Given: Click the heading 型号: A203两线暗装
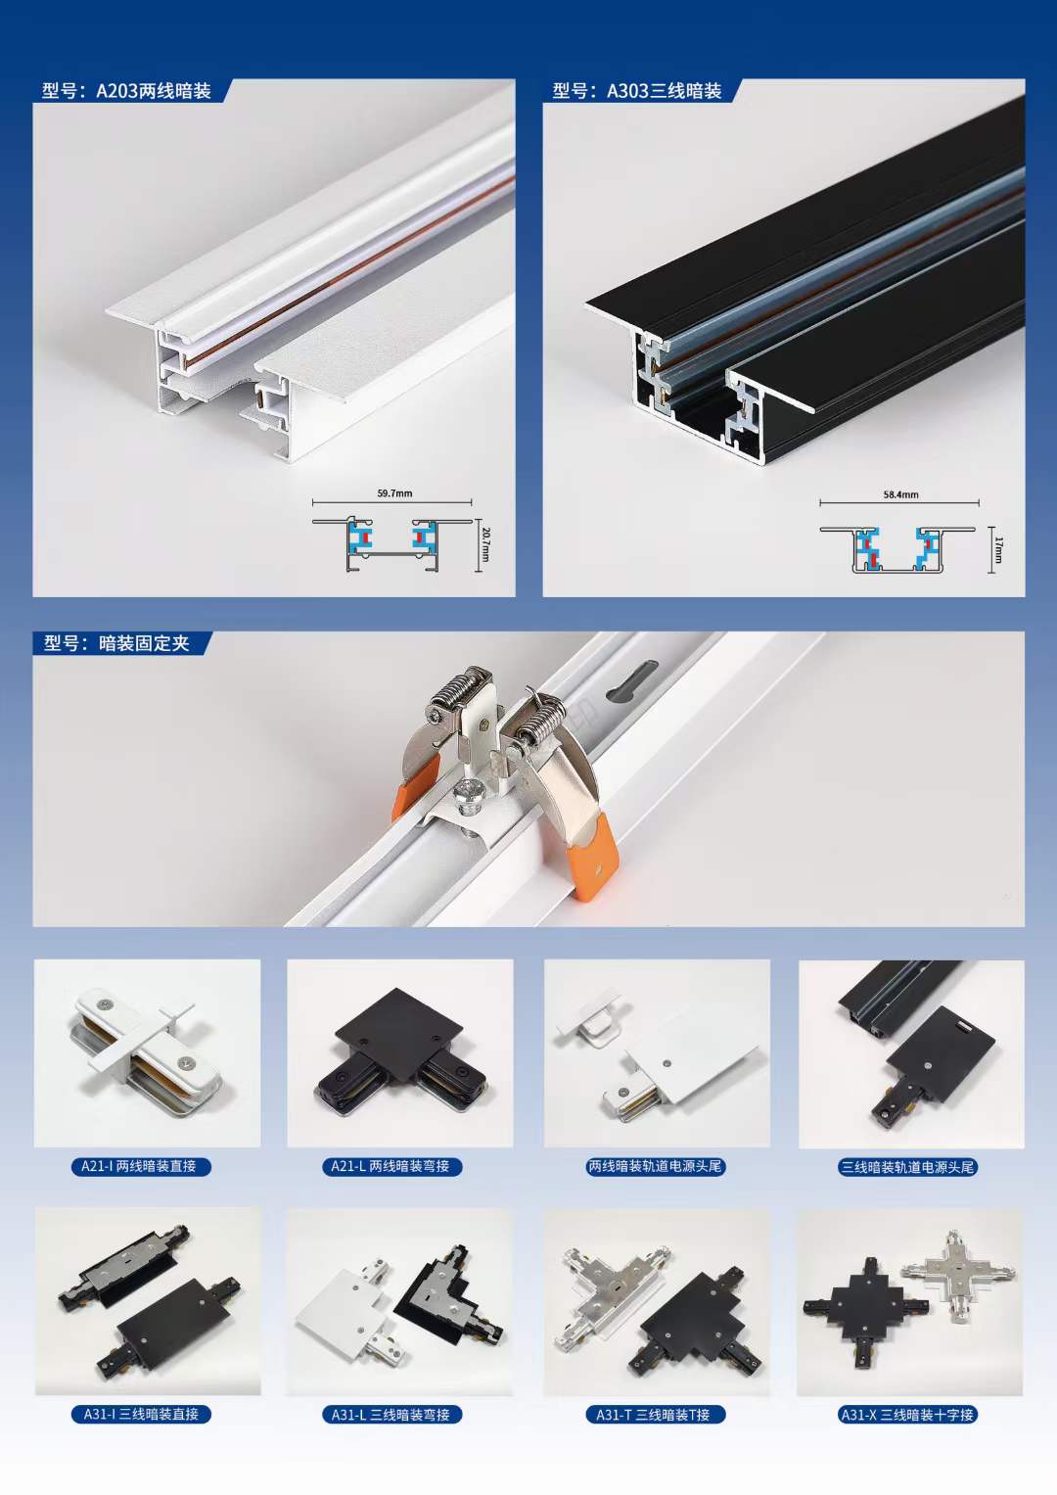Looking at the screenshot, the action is coord(126,91).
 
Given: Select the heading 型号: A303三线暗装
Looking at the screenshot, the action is coord(636,91).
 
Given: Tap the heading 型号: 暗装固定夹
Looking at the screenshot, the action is coord(116,643).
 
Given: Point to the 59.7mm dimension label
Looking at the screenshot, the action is coord(394,493).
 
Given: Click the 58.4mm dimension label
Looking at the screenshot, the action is coord(900,494).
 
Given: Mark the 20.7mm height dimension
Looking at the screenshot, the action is coord(485,544).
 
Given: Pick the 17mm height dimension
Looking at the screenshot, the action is coord(998,549).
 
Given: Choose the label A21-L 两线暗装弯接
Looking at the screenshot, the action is coord(391,1166).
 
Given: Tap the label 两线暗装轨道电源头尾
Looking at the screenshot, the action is coord(655,1166).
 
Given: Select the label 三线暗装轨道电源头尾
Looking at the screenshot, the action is coord(907,1167).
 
